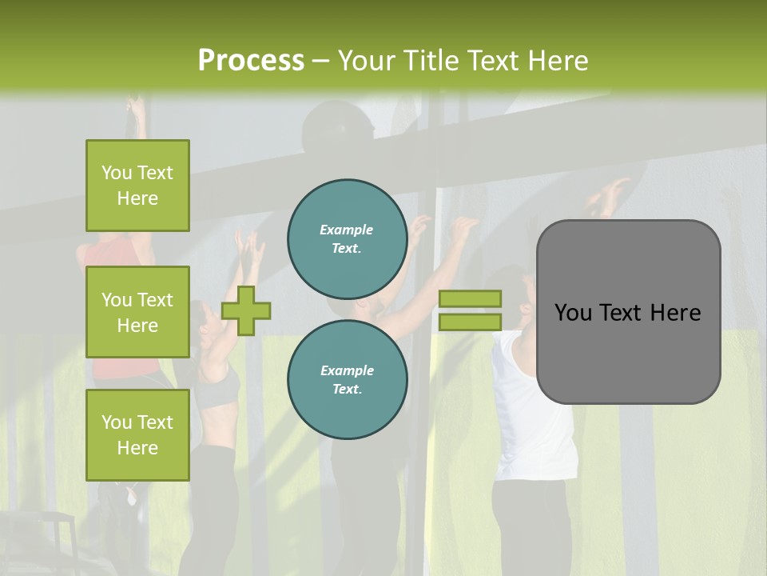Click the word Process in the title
tap(251, 60)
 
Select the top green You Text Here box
tap(137, 186)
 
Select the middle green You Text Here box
tap(137, 312)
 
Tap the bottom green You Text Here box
tap(137, 435)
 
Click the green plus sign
tap(246, 310)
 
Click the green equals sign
tap(470, 310)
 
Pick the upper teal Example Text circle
tap(347, 238)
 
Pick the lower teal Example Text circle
tap(347, 379)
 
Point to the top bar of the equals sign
tap(470, 298)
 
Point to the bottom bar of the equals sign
tap(470, 322)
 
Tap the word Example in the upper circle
tap(347, 230)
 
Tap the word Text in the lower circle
tap(347, 389)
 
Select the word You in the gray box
tap(572, 313)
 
